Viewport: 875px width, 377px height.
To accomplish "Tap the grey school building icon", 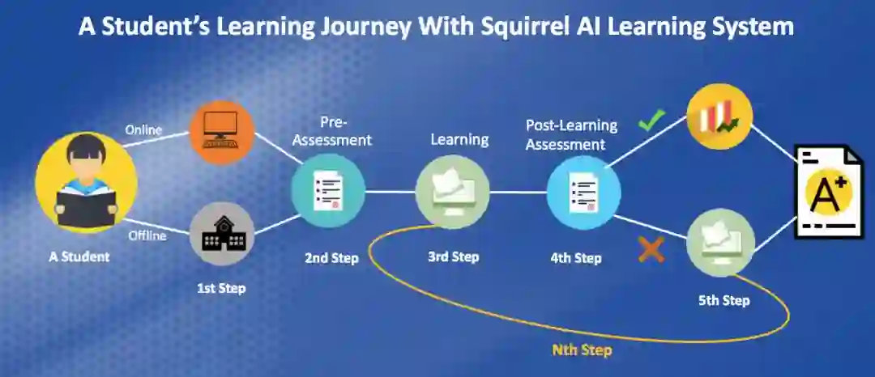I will pos(222,235).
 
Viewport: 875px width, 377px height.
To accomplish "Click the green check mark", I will pos(651,121).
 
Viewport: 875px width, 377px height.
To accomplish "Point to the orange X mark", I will pos(651,249).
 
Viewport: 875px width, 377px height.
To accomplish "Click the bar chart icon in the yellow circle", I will pos(719,116).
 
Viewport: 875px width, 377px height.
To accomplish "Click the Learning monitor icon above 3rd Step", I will pos(452,193).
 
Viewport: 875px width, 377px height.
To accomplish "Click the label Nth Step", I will pos(582,350).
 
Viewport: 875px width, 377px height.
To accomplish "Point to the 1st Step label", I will pos(221,287).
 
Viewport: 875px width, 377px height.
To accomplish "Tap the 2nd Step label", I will pos(331,259).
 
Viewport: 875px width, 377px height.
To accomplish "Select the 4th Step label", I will pos(575,259).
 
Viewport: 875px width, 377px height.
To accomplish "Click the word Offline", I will pos(147,235).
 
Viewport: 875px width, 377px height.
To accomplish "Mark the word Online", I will pos(143,129).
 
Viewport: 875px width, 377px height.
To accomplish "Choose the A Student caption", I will pos(79,256).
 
